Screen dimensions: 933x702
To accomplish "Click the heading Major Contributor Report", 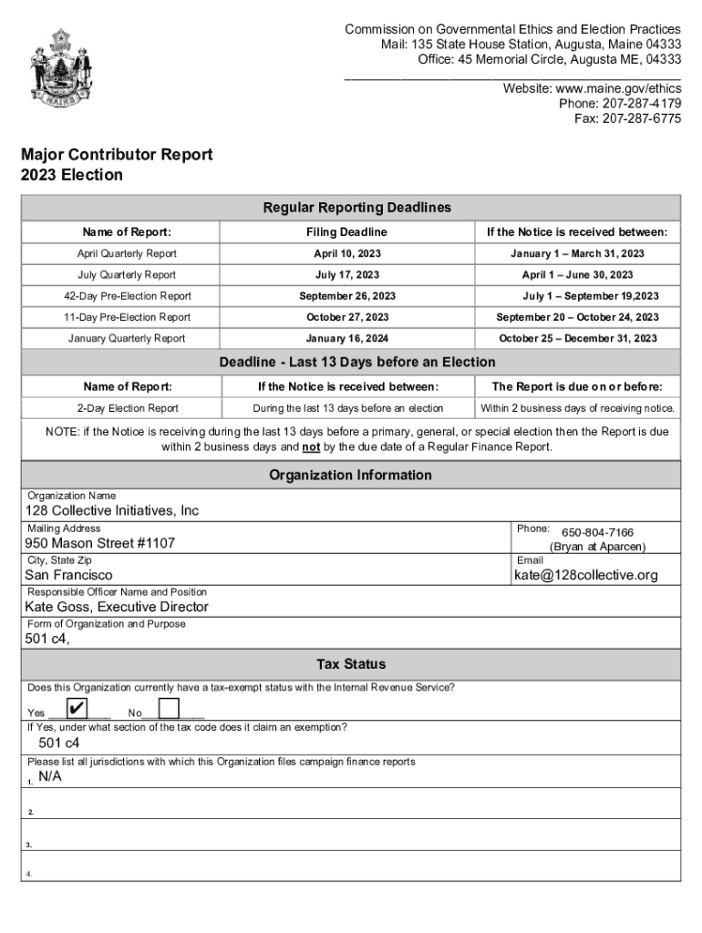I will point(117,155).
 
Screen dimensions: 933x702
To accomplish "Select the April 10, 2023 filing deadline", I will point(346,253).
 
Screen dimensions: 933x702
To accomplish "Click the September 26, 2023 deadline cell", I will point(346,296).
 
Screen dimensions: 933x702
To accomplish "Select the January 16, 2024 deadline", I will point(346,338).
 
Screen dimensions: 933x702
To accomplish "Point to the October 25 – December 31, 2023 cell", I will point(577,338).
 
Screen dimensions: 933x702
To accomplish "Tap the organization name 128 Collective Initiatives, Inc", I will point(111,511).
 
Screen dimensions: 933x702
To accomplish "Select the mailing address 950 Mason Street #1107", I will point(99,544).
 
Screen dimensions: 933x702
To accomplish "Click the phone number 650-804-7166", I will point(597,532).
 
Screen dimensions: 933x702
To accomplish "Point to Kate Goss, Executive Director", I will point(117,607).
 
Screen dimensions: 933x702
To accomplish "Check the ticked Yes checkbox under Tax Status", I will point(77,709).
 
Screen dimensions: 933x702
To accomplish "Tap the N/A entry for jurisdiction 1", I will point(50,776).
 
